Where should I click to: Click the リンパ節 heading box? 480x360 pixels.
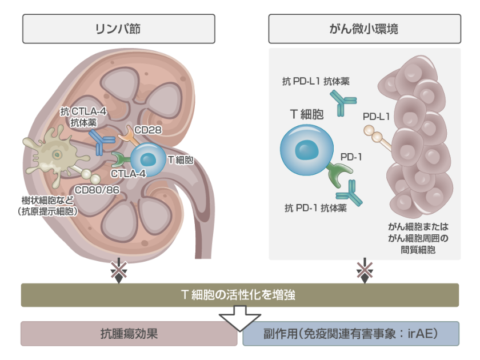pyautogui.click(x=119, y=28)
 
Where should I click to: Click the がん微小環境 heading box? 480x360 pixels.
pyautogui.click(x=364, y=28)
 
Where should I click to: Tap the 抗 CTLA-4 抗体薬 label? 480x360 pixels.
pyautogui.click(x=83, y=117)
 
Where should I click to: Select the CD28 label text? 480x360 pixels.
pyautogui.click(x=147, y=129)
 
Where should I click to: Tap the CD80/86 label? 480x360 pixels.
pyautogui.click(x=97, y=189)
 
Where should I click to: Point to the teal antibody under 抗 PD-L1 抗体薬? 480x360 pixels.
pyautogui.click(x=344, y=103)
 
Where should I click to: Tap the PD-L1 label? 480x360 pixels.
pyautogui.click(x=376, y=116)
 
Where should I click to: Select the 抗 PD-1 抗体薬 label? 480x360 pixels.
pyautogui.click(x=315, y=208)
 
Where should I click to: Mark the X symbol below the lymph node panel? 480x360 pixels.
pyautogui.click(x=119, y=270)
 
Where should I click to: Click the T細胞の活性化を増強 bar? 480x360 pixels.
pyautogui.click(x=239, y=295)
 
